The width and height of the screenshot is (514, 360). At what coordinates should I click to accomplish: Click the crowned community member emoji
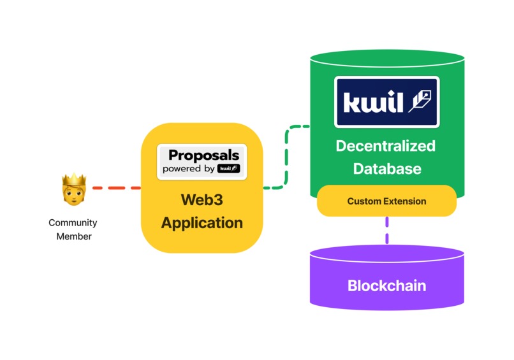73,190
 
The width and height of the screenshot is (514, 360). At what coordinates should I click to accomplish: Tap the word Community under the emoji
73,223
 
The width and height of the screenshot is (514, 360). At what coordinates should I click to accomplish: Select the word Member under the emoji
73,236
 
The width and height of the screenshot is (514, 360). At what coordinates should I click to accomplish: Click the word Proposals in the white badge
203,155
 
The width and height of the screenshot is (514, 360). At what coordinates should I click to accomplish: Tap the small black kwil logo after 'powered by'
228,169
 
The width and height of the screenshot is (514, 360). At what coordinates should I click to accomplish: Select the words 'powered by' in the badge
188,169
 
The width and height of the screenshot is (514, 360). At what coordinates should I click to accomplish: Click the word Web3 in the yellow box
202,199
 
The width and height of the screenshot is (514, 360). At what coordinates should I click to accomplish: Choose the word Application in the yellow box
202,223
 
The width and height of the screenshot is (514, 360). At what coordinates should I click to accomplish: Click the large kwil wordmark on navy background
373,102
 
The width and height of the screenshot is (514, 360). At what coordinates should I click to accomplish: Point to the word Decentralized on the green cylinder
385,146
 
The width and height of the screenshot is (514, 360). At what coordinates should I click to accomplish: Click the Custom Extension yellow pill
386,201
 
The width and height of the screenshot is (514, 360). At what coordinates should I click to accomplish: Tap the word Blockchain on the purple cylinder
386,285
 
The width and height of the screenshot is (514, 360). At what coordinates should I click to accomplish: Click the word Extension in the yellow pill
404,201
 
